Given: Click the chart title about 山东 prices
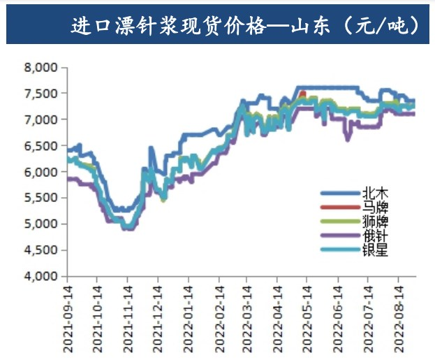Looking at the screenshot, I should (246, 26).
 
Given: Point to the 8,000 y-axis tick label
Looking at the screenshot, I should (40, 68).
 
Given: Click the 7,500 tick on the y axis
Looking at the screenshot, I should (40, 94).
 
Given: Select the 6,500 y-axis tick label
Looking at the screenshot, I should (40, 146).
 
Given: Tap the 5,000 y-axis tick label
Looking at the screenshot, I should (40, 224).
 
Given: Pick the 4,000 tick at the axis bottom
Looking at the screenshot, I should (40, 277).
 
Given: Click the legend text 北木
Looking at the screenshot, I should (375, 193).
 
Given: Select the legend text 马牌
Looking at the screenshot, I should (375, 208).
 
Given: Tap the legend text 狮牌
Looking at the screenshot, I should (375, 222).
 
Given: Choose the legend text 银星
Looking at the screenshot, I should (375, 250).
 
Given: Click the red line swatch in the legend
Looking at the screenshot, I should (341, 208).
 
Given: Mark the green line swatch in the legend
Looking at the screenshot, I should (341, 222).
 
